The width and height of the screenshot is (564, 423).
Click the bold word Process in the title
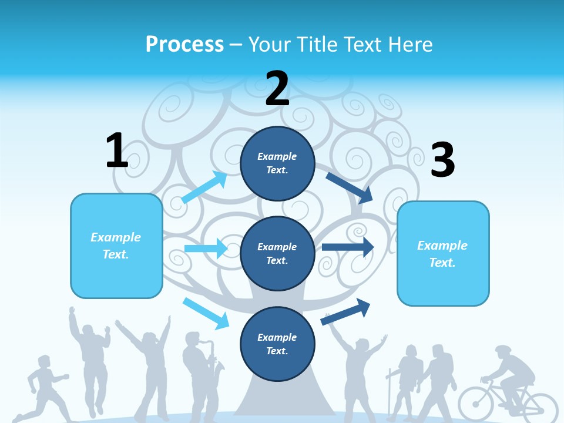[184, 44]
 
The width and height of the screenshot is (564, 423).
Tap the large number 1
[117, 150]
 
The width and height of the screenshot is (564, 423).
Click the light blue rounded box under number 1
[116, 246]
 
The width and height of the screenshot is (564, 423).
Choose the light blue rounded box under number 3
[443, 254]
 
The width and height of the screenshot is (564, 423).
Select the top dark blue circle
[277, 163]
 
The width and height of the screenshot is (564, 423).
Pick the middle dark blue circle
[277, 253]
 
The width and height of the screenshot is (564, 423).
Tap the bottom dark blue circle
[277, 344]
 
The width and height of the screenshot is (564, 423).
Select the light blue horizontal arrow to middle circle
[206, 249]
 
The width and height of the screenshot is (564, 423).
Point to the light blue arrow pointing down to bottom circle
[206, 313]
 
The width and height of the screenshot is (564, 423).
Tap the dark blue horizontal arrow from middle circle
[347, 247]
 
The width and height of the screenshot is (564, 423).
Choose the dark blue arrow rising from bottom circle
[346, 311]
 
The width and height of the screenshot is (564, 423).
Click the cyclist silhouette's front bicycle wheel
[476, 404]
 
